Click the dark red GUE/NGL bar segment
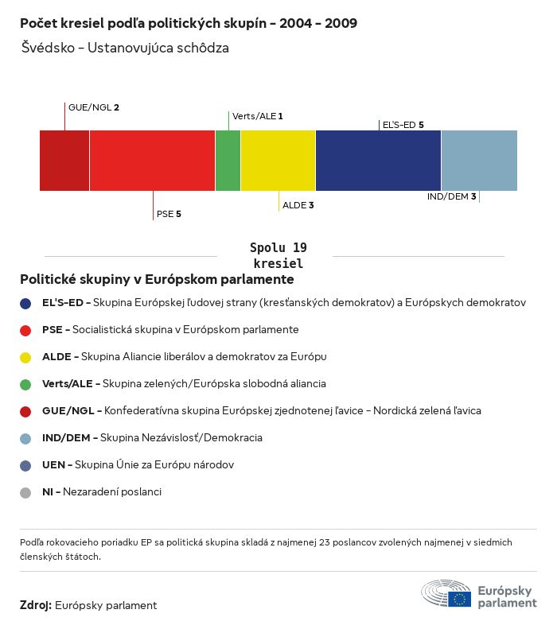coord(64,161)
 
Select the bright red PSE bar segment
coord(152,161)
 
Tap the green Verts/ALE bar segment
coord(228,161)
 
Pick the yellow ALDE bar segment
coord(278,161)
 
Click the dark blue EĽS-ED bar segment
coord(378,161)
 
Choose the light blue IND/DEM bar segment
coord(479,161)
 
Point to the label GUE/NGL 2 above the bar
coord(94,107)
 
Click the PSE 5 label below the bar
coord(169,214)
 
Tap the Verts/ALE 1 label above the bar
coord(257,116)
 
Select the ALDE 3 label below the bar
coord(298,205)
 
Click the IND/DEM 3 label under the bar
coord(451,196)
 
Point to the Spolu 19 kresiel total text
coord(278,255)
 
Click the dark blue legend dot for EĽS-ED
coord(26,303)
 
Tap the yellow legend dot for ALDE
coord(26,357)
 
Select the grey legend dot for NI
coord(26,492)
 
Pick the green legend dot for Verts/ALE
coord(26,384)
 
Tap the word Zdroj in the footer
coord(36,606)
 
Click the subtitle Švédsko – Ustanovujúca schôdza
coord(126,48)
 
